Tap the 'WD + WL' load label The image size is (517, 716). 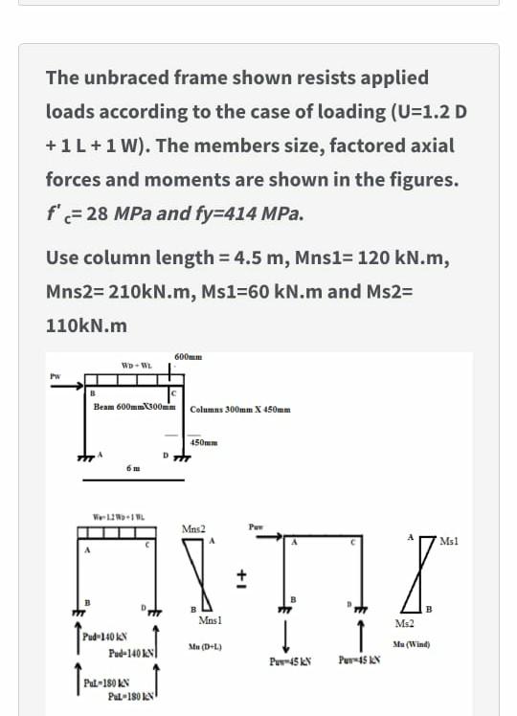pyautogui.click(x=133, y=365)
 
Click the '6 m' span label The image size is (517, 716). pyautogui.click(x=135, y=466)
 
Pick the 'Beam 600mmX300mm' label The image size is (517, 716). pyautogui.click(x=133, y=407)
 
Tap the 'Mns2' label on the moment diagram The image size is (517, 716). pyautogui.click(x=193, y=529)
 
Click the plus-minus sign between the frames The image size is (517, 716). pyautogui.click(x=243, y=577)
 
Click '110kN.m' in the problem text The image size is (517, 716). pyautogui.click(x=86, y=325)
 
